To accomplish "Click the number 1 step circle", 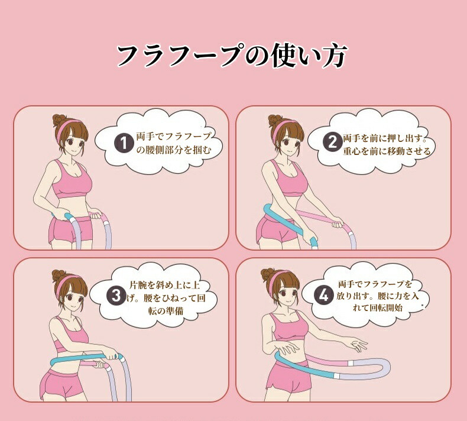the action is coord(124,143).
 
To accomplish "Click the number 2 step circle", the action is coord(332,142).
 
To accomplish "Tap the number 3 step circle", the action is coord(116,296).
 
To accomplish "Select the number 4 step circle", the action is coord(323,296).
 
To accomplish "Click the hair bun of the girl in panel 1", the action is coord(58,120).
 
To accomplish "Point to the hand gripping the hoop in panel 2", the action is coord(337,222).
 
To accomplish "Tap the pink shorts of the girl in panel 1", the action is coord(69,230).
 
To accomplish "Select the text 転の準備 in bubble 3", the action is coord(166,311).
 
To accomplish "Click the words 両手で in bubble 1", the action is coord(150,137).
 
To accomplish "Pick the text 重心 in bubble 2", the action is coord(352,151).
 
